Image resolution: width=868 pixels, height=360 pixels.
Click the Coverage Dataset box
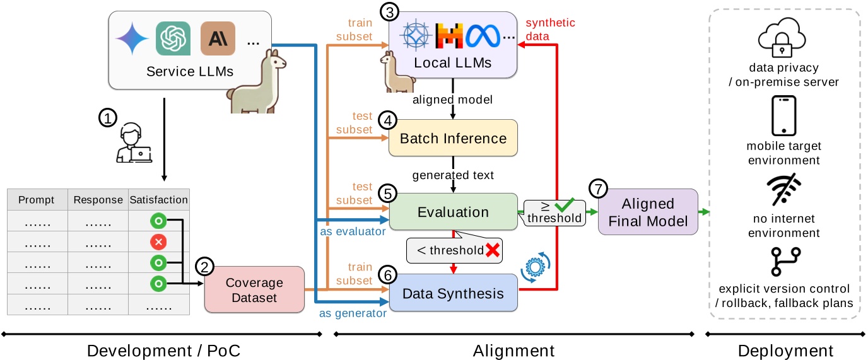click(x=254, y=290)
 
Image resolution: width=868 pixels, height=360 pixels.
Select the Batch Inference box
click(x=453, y=138)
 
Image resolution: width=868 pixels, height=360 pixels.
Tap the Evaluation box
click(x=453, y=212)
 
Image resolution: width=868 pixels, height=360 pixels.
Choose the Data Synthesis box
click(x=453, y=293)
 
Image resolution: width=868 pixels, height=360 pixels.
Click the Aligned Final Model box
click(x=648, y=212)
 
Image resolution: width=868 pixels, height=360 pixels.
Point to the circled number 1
click(x=108, y=118)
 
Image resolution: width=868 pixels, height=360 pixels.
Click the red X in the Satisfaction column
click(x=158, y=242)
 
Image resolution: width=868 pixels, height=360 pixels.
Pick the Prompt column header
click(x=37, y=200)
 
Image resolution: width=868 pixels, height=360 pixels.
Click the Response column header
click(x=98, y=200)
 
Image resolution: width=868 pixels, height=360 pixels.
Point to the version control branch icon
click(x=783, y=261)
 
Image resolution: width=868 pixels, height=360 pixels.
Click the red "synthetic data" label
click(x=549, y=30)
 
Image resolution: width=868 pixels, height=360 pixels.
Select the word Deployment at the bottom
click(x=785, y=351)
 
